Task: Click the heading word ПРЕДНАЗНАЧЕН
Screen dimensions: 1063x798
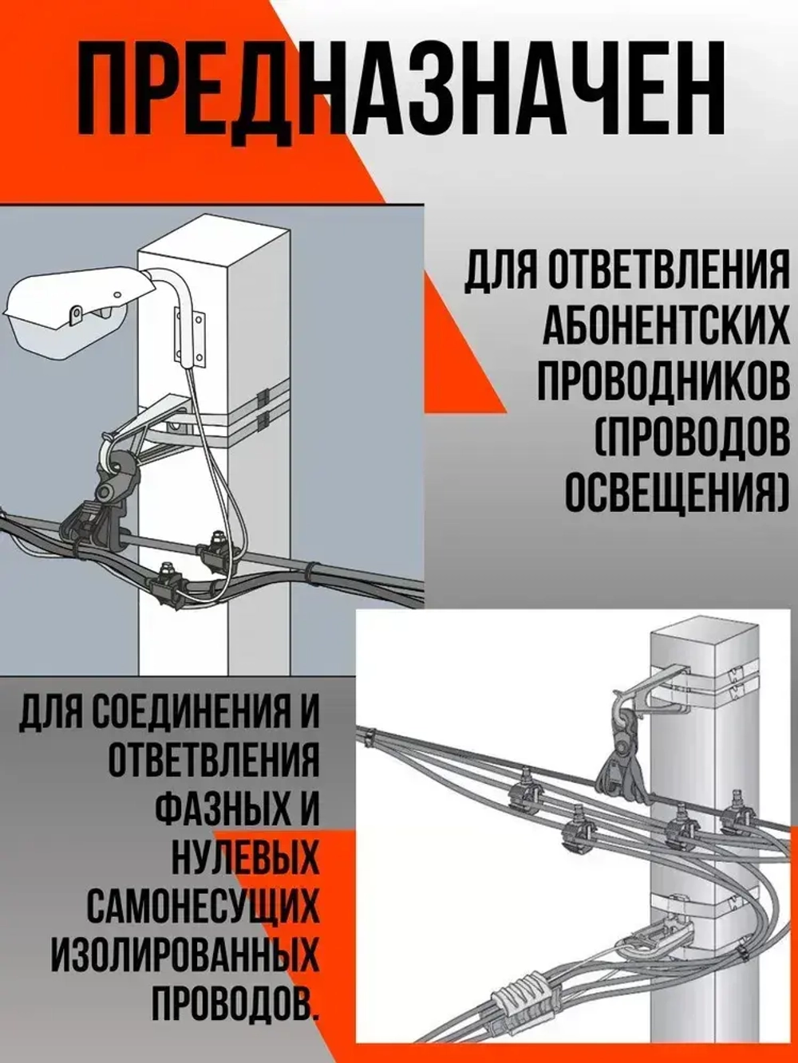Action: [399, 89]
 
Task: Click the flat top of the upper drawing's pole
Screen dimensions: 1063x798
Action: [211, 238]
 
